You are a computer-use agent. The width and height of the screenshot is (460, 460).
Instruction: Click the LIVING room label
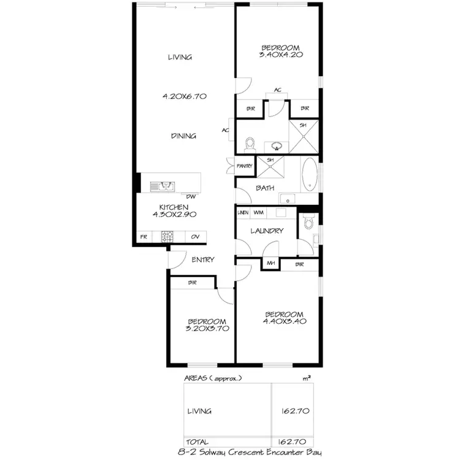click(180, 57)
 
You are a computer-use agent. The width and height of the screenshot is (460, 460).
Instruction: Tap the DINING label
click(183, 136)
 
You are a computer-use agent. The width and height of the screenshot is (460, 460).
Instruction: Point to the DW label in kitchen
click(191, 196)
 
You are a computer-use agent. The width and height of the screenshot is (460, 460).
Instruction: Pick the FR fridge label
click(144, 236)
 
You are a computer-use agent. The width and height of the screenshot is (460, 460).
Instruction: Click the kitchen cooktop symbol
click(167, 236)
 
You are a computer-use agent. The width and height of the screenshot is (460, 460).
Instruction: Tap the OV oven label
click(196, 236)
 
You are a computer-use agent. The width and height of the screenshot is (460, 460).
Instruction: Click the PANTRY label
click(245, 166)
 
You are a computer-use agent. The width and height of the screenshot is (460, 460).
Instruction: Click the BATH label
click(265, 188)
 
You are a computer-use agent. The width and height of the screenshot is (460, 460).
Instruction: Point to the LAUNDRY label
click(267, 231)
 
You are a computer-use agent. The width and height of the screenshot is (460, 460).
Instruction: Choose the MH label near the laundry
click(270, 264)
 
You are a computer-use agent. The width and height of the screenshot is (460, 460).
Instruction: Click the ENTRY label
click(202, 259)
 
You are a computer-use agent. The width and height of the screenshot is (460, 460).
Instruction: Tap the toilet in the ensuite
click(250, 144)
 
